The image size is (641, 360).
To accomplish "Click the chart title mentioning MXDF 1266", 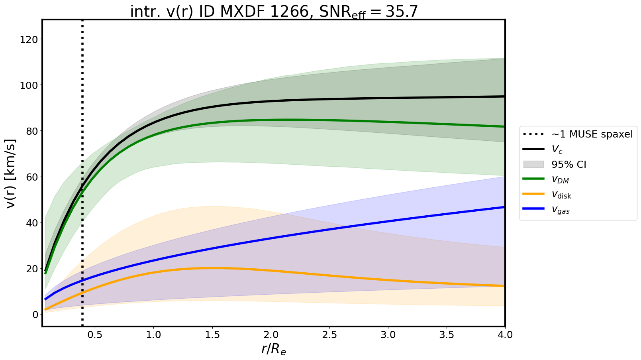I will click(274, 12).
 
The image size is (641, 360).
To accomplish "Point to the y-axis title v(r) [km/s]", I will click(12, 173).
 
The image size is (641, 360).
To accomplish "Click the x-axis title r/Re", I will click(274, 349).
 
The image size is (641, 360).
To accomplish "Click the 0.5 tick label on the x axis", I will click(95, 335).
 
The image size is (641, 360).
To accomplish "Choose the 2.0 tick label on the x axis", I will click(271, 335).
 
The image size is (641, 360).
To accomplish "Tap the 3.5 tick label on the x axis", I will click(447, 335).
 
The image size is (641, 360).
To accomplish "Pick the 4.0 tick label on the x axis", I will click(505, 335).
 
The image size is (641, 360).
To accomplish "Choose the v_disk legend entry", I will click(561, 195).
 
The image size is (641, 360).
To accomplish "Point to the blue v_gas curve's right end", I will click(504, 207).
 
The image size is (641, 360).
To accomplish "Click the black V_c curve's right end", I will click(504, 96).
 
